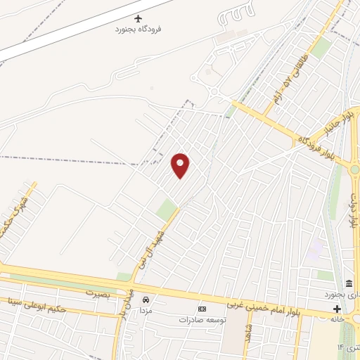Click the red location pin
point(181,165)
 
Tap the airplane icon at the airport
point(138,18)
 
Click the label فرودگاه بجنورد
point(138,31)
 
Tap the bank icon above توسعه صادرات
point(202,309)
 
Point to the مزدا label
point(146,310)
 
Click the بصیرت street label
point(99,292)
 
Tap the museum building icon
point(349,283)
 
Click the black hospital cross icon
point(337,309)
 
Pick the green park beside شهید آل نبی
point(167,208)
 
